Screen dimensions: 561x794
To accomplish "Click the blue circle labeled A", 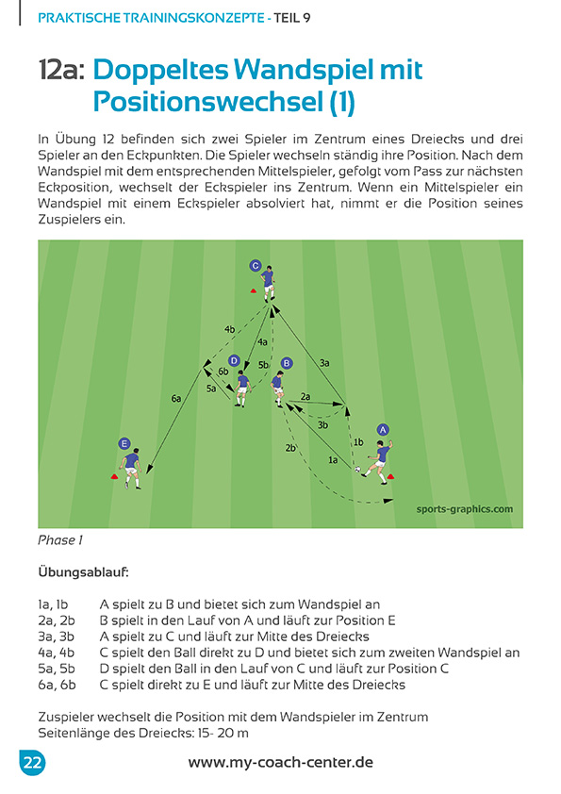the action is [383, 430].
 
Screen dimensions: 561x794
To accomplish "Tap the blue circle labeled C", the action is [256, 266].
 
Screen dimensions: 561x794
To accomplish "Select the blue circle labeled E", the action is [124, 442].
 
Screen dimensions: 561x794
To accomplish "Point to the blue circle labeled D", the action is [234, 360].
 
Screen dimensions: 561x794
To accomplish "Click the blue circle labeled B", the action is [287, 362].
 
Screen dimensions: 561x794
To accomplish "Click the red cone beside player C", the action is [254, 289].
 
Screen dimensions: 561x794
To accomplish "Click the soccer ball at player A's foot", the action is [358, 470].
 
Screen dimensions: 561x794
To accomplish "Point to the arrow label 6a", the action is [176, 399].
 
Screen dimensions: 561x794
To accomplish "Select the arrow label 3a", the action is [324, 362].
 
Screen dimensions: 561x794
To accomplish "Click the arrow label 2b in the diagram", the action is [291, 448].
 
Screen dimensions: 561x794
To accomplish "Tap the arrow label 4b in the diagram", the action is [229, 329].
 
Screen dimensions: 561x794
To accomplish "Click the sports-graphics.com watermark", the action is [464, 510].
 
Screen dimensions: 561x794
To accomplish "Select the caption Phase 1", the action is [60, 540].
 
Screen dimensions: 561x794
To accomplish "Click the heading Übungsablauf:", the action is [83, 571].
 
